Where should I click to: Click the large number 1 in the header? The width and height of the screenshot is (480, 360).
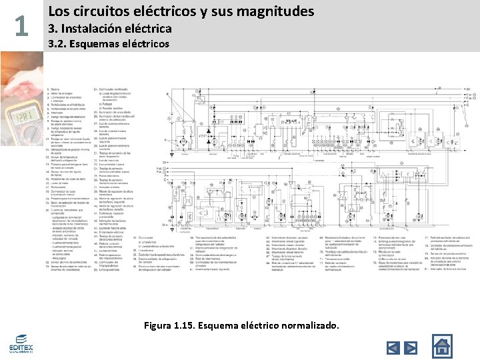(21, 26)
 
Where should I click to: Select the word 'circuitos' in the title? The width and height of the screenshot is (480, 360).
(101, 11)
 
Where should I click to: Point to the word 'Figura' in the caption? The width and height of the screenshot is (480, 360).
(159, 326)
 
